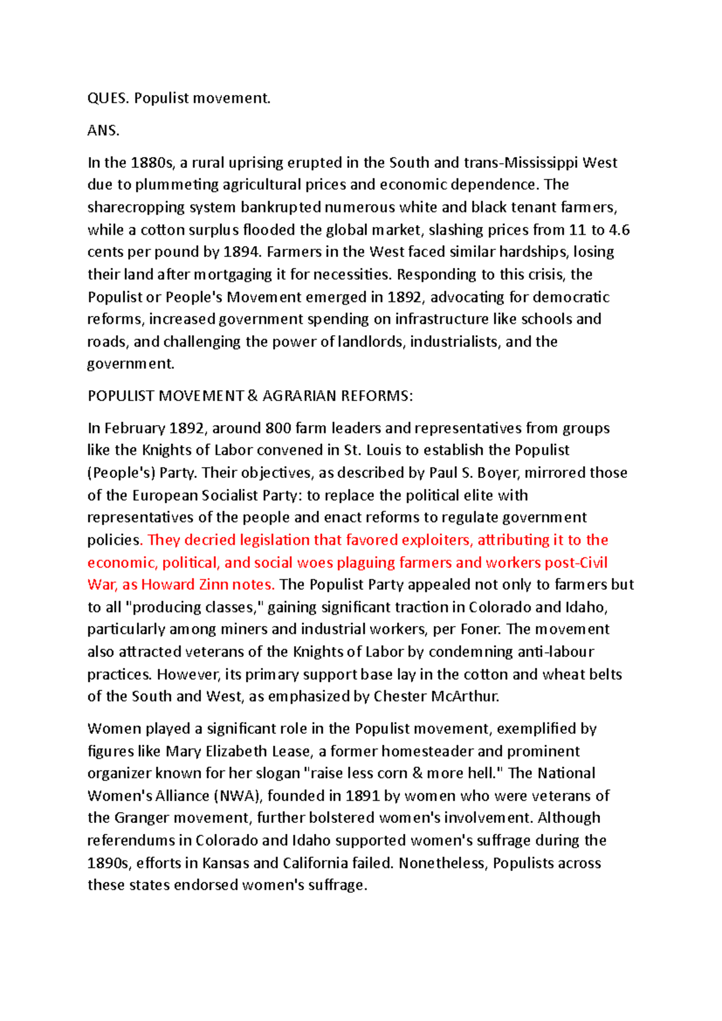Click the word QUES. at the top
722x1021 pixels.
click(108, 98)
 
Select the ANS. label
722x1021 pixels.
click(103, 131)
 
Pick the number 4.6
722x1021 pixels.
click(620, 229)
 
